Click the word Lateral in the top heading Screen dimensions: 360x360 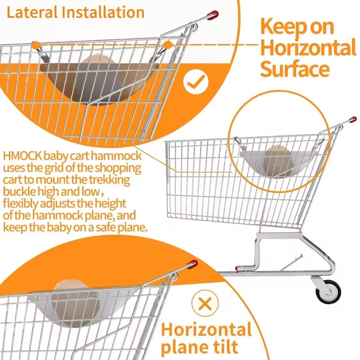tap(32, 13)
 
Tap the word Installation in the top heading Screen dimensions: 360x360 tap(103, 13)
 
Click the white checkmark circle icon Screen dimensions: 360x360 tap(196, 81)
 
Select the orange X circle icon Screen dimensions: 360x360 tap(205, 303)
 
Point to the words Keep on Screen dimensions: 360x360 tap(297, 27)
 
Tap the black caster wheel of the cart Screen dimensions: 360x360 tap(328, 292)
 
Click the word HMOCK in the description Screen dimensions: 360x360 tap(22, 156)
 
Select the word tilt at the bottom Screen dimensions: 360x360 tap(224, 346)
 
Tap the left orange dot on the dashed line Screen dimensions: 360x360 tap(35, 45)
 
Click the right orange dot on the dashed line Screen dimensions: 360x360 tap(168, 45)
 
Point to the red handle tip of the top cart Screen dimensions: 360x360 tap(212, 15)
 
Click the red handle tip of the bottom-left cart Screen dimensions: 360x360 tap(192, 264)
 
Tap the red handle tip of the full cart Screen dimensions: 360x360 tap(353, 120)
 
